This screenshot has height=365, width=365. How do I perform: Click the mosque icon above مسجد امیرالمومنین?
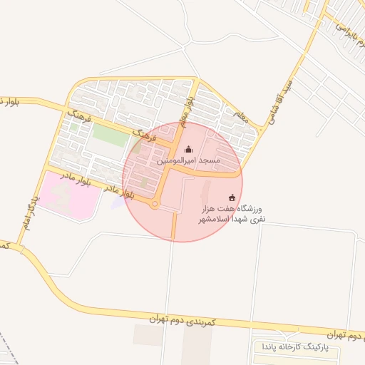tap(188, 149)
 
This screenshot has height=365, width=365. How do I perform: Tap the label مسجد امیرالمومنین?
tap(188, 163)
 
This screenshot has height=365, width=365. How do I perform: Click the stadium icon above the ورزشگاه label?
tap(232, 197)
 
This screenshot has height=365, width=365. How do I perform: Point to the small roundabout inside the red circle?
tap(155, 205)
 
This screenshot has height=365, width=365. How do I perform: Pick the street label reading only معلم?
tap(240, 116)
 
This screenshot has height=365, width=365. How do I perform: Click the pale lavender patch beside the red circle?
tap(118, 203)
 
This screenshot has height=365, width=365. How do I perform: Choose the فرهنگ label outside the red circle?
tap(79, 116)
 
